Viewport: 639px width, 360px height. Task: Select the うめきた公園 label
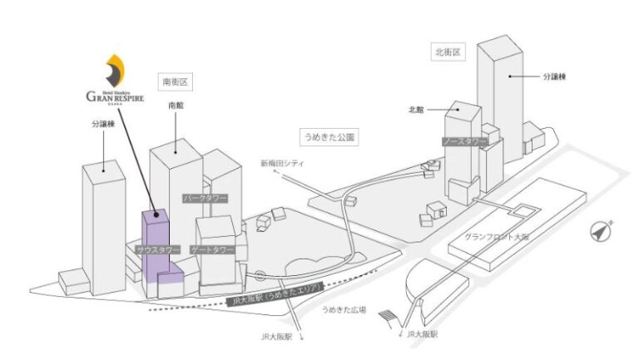[x=329, y=135]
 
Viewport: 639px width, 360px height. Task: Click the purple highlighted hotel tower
[x=156, y=245]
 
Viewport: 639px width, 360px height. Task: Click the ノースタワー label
[x=464, y=141]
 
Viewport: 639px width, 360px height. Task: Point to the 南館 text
[x=175, y=106]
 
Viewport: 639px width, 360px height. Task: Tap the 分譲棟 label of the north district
[x=552, y=76]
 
